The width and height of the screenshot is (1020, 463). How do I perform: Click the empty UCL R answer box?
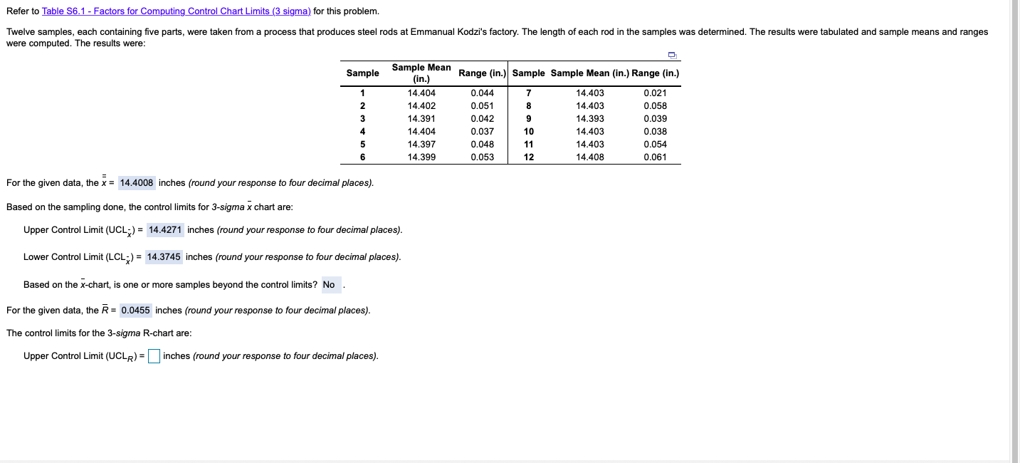[154, 356]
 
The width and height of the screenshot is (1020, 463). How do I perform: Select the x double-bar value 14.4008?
[136, 183]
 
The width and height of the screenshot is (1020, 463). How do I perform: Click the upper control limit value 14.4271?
[165, 230]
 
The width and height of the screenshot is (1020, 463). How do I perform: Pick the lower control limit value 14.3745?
[164, 257]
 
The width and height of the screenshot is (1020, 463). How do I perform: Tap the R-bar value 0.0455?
[135, 311]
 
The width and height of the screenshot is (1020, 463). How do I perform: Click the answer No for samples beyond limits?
[329, 285]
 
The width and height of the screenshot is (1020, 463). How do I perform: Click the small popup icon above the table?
[671, 55]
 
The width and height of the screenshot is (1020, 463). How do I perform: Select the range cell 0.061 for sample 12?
[654, 157]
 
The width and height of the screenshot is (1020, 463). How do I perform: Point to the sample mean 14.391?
[421, 119]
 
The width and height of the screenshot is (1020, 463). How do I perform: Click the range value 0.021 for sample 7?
[654, 93]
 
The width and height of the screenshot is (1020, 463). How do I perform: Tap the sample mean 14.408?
[589, 157]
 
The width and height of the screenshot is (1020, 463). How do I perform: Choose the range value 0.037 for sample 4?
[482, 132]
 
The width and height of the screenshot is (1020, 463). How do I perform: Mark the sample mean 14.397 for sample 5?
[421, 145]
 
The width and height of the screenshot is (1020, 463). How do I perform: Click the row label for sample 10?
[529, 132]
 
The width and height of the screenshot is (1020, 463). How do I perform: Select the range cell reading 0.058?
[654, 106]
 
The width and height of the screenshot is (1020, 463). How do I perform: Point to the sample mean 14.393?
[589, 119]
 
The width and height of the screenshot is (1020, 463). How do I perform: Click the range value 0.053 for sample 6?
[482, 157]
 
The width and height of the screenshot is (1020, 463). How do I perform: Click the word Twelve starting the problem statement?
[20, 33]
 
